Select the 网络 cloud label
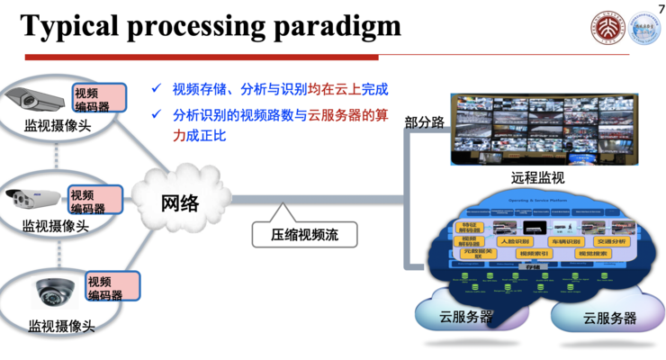[180, 202]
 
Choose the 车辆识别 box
[562, 241]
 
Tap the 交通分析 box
[611, 241]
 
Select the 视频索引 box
[535, 254]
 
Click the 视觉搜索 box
[590, 254]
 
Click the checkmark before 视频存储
[157, 89]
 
